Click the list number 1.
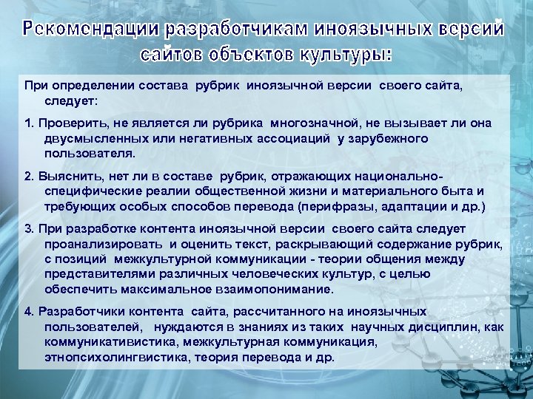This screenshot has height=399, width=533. [27, 121]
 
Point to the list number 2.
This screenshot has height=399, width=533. [27, 176]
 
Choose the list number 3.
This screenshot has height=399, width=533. [27, 229]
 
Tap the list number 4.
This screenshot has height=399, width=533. [27, 311]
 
